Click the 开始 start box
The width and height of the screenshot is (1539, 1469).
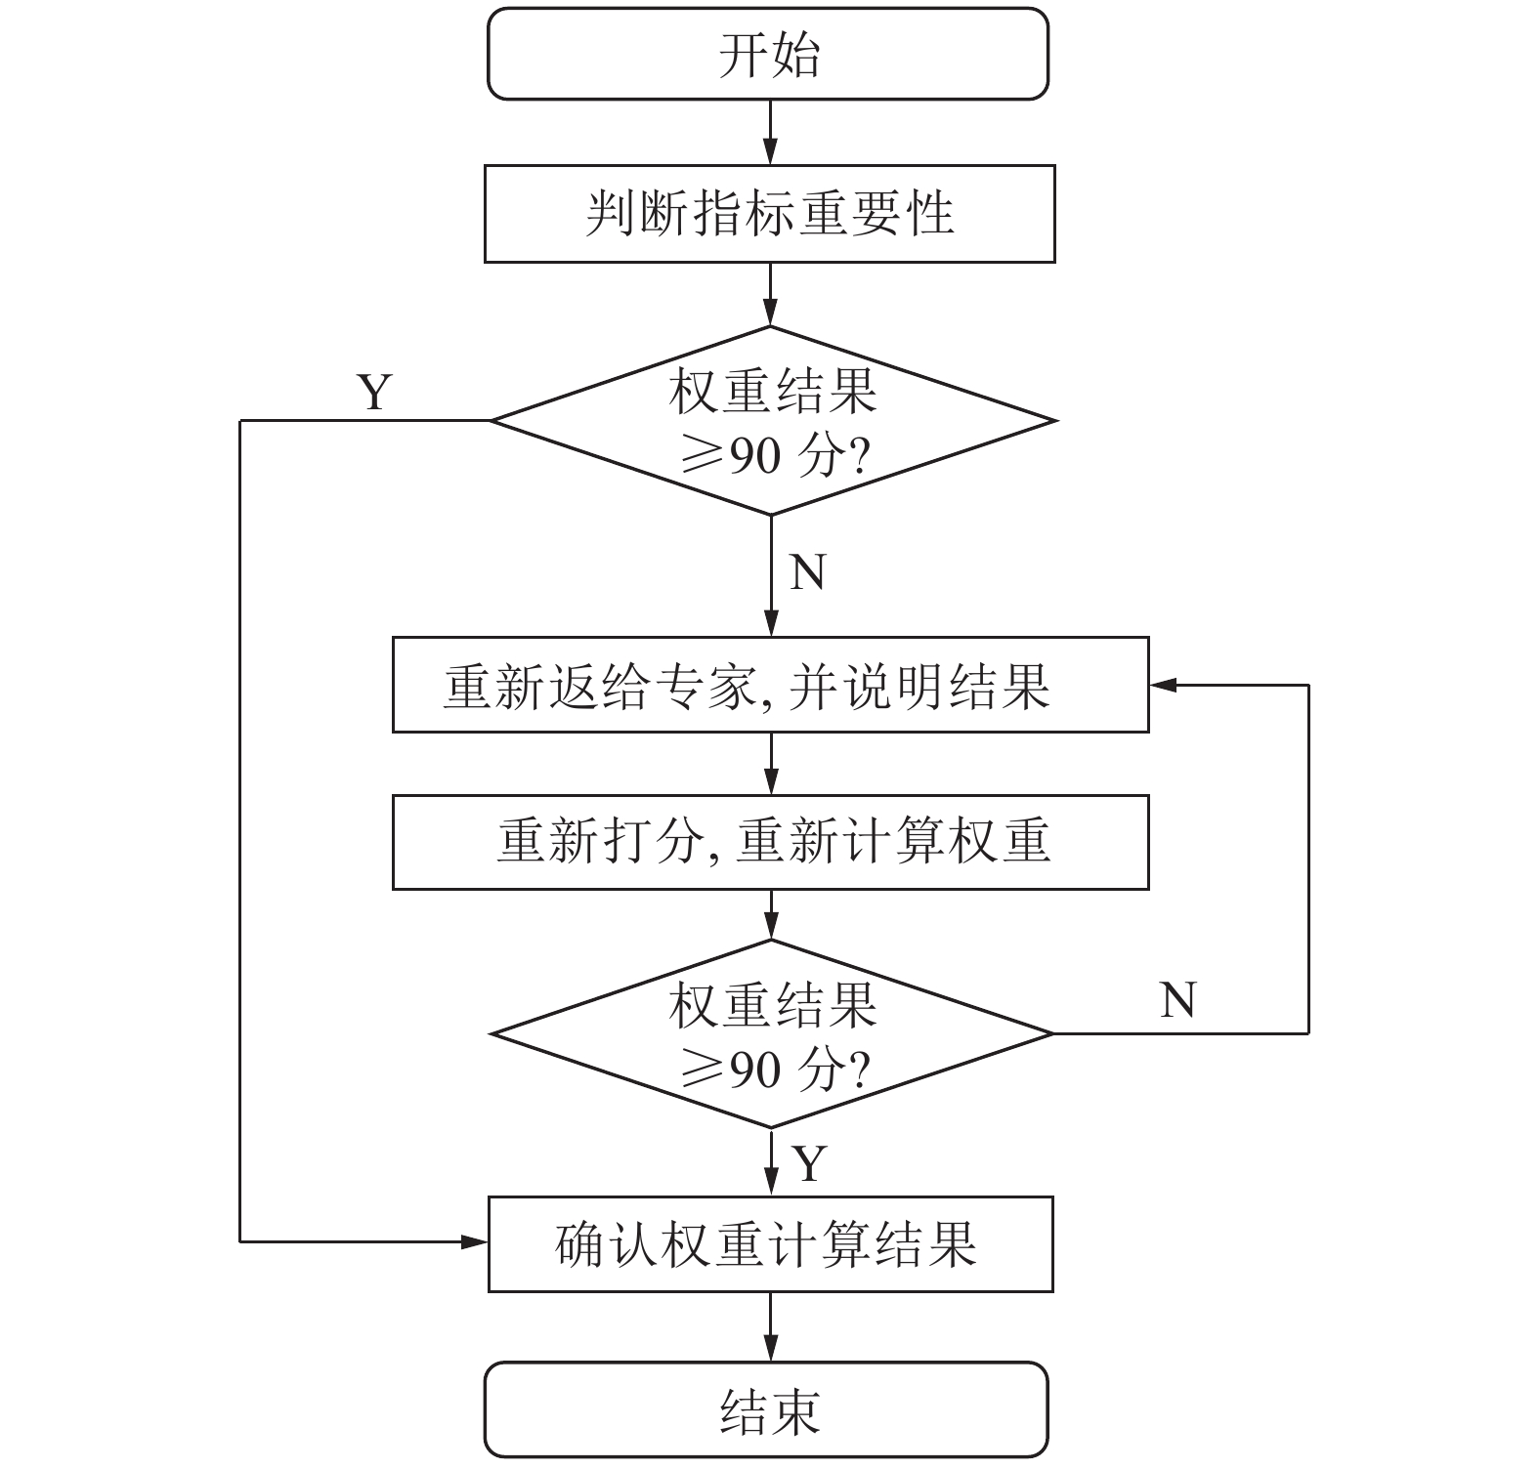tap(768, 54)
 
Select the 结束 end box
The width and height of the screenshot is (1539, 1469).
tap(768, 1409)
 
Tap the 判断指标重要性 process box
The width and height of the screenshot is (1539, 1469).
tap(770, 213)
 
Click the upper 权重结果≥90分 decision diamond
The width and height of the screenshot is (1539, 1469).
tap(772, 421)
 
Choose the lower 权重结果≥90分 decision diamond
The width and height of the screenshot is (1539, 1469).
tap(772, 1033)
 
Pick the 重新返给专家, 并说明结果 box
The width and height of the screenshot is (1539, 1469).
tap(770, 685)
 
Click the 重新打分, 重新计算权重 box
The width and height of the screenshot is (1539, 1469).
tap(770, 841)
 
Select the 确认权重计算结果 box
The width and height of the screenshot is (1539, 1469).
tap(770, 1243)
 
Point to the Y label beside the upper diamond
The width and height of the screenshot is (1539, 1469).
tap(374, 392)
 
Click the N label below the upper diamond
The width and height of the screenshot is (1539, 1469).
tap(807, 572)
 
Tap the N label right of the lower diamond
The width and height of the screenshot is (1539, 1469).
tap(1177, 1000)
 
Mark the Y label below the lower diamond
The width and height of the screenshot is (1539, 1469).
tap(809, 1163)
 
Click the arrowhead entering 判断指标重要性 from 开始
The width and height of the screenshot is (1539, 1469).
tap(771, 153)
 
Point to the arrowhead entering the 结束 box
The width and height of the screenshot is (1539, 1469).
tap(771, 1351)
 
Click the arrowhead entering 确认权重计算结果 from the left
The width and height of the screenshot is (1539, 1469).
tap(476, 1241)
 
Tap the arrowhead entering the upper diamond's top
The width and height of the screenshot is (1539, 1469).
tap(771, 315)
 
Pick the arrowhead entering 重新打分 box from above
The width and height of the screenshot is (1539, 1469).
tap(771, 783)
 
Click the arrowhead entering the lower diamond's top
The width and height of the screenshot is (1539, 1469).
tap(771, 928)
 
